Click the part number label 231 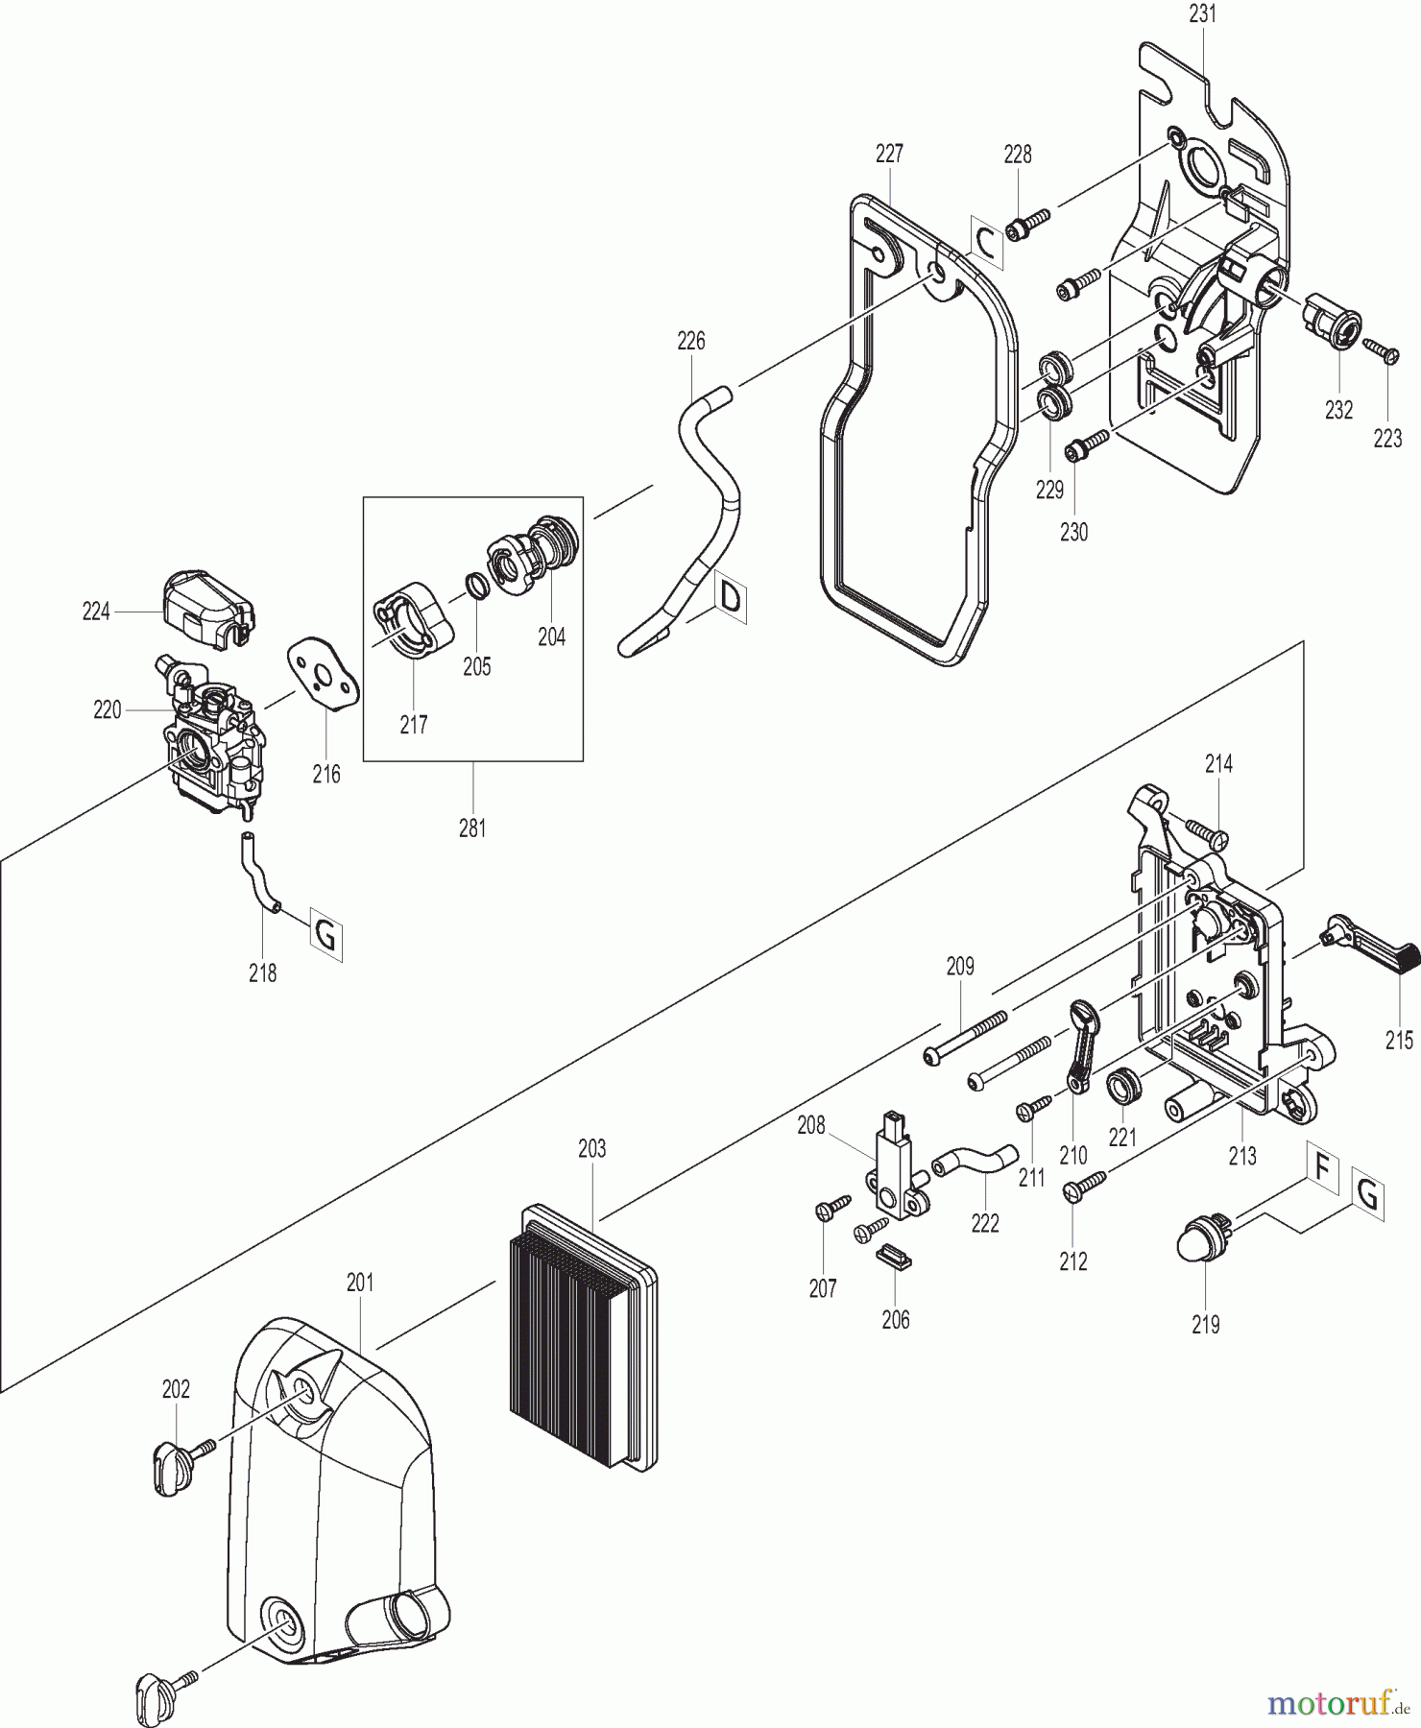pyautogui.click(x=1202, y=13)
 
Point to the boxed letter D pyautogui.click(x=731, y=599)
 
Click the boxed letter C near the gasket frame pyautogui.click(x=986, y=243)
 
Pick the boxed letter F pyautogui.click(x=1322, y=1169)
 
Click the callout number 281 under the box pyautogui.click(x=472, y=828)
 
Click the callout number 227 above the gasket pyautogui.click(x=889, y=154)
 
